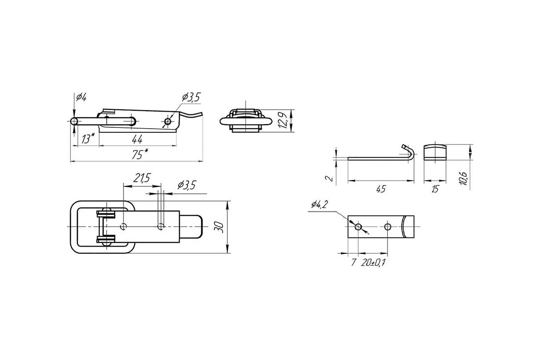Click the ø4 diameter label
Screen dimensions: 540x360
[81, 97]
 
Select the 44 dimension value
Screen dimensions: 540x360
[137, 139]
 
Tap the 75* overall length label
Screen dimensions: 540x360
[140, 154]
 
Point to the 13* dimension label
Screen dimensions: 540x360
[88, 139]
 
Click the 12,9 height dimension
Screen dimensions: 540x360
[282, 120]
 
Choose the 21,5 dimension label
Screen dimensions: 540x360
[142, 178]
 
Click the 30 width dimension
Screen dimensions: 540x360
[219, 227]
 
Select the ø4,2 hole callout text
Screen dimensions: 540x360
[319, 204]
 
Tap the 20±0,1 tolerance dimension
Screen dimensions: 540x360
[373, 263]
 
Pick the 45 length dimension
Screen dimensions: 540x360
[381, 189]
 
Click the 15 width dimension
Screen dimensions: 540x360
[435, 189]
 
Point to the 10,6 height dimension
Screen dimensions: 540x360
[463, 179]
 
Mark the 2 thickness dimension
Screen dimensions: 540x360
[329, 179]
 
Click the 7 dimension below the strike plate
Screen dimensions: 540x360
[353, 262]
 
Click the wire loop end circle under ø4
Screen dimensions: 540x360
[74, 121]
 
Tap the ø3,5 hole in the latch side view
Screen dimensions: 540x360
[167, 121]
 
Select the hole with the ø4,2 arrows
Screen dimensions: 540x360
[358, 227]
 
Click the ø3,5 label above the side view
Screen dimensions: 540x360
[191, 97]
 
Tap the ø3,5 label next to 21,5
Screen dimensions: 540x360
[187, 185]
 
